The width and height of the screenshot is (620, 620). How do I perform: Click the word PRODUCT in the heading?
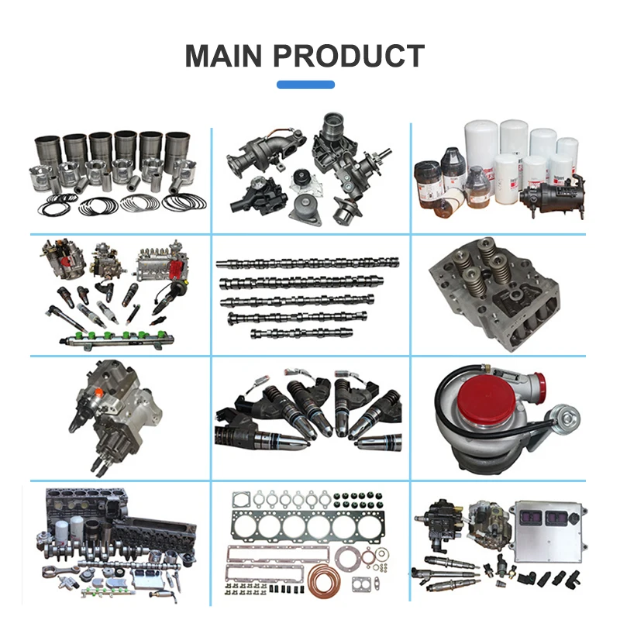[357, 56]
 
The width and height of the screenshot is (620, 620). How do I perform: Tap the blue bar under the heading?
[305, 84]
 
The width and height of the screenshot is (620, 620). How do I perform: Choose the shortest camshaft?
[290, 333]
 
